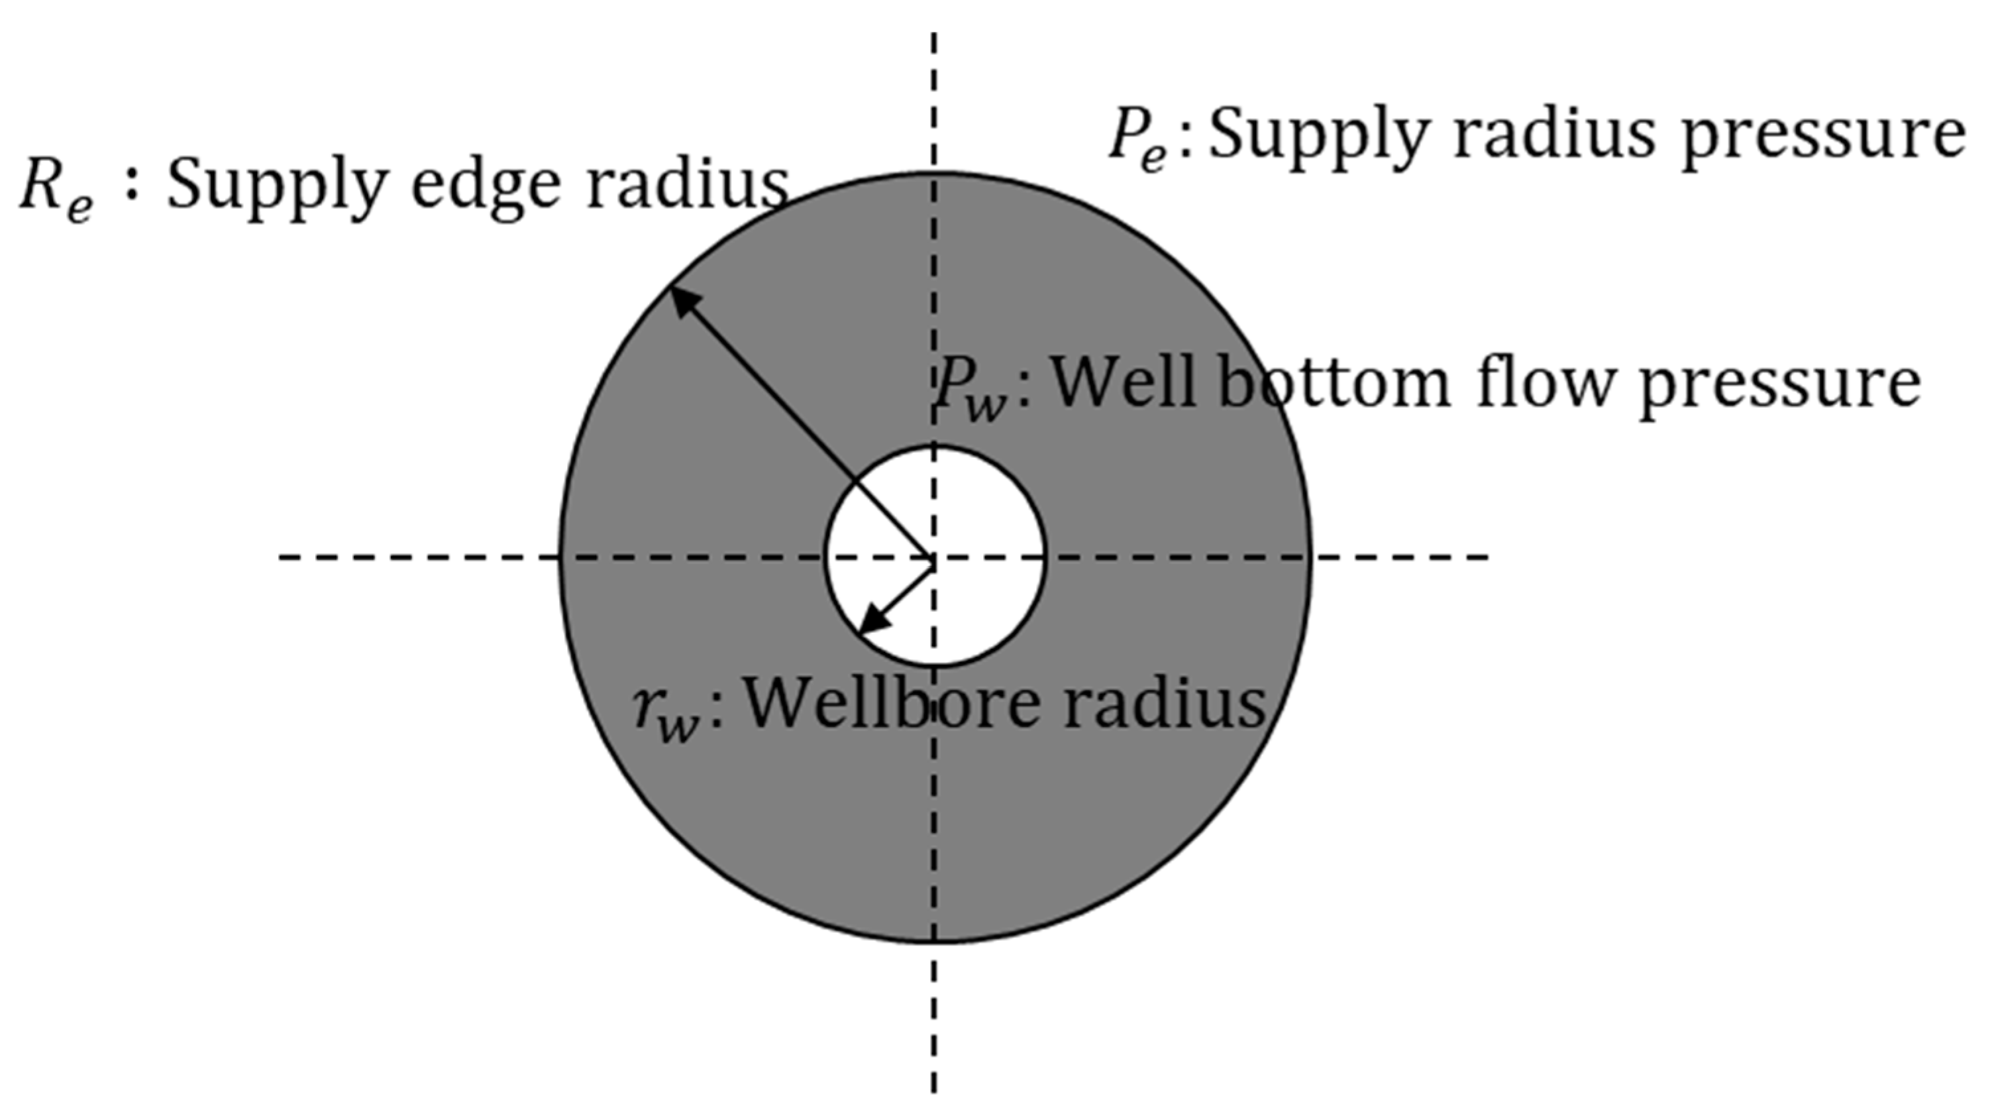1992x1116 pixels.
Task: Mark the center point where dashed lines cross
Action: (934, 556)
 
